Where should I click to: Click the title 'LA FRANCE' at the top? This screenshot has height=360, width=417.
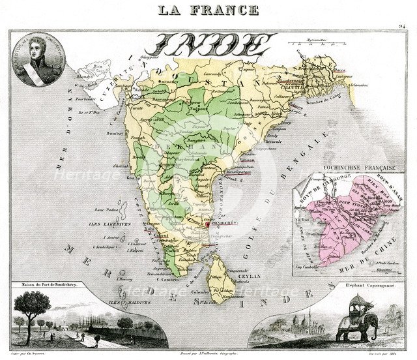coord(208,10)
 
